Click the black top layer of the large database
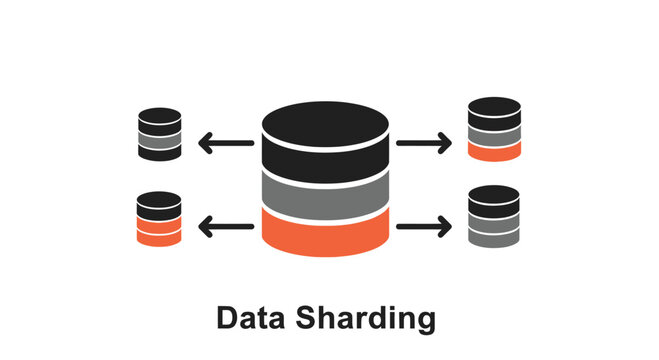tap(325, 135)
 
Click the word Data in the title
tap(253, 318)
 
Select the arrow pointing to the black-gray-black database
tap(225, 143)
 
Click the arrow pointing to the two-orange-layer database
tap(225, 228)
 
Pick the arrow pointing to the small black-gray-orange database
tap(424, 143)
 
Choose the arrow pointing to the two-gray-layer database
tap(424, 228)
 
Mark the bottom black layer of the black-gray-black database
tap(160, 154)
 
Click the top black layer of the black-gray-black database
tap(160, 121)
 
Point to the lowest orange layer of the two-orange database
tap(159, 239)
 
